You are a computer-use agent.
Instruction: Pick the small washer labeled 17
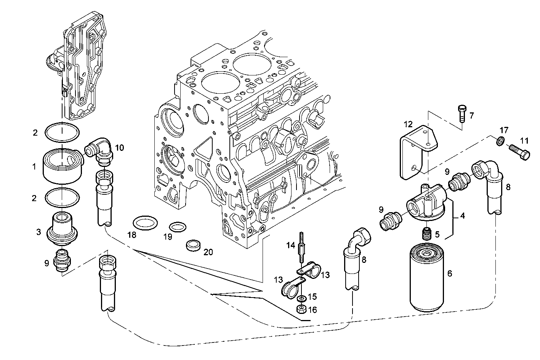(x=502, y=141)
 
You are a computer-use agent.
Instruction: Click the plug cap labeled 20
(x=194, y=246)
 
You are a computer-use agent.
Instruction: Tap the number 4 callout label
(x=462, y=216)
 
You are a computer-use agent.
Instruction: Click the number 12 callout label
(x=408, y=124)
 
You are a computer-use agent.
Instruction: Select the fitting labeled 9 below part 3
(x=62, y=261)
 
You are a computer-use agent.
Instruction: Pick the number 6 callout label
(x=449, y=273)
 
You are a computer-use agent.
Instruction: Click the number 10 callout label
(x=119, y=148)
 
